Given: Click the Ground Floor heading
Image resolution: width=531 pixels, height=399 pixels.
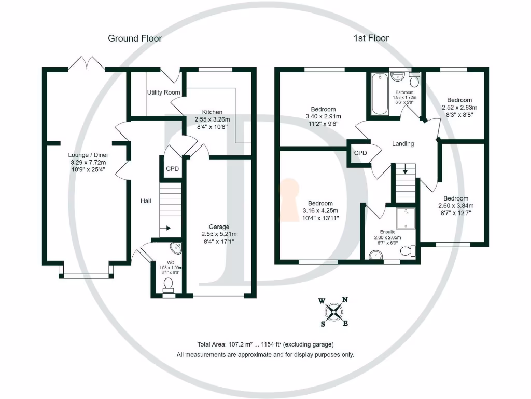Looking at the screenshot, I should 135,38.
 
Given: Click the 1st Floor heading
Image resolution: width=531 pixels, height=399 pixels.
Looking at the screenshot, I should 371,38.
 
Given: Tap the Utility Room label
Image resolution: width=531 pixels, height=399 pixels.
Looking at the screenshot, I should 163,92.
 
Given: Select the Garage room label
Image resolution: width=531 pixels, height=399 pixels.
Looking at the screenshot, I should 219,227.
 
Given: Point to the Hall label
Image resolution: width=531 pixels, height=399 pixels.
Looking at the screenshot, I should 145,201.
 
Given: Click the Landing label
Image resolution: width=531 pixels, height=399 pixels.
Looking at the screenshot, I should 402,144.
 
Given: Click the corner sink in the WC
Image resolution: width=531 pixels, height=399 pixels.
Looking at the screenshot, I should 175,248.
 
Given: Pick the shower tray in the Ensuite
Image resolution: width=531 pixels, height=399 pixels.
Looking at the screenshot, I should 404,219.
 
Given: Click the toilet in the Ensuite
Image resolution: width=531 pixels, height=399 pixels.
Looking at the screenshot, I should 408,251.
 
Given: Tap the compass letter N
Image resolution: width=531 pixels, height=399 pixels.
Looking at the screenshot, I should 345,299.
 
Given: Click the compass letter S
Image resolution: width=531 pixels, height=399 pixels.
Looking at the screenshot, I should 323,324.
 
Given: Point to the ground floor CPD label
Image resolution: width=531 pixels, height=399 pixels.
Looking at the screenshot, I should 172,169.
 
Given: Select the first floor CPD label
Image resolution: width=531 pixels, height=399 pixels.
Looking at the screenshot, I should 360,153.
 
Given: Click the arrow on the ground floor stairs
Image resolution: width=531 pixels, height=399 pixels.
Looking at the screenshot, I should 167,228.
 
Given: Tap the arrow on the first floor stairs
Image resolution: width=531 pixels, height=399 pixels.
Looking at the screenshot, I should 404,169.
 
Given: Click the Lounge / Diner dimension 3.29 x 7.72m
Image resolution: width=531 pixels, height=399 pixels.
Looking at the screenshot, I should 88,162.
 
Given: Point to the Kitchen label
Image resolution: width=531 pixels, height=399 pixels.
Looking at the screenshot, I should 212,112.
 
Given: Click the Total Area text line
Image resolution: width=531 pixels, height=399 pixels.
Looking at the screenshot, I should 265,344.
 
